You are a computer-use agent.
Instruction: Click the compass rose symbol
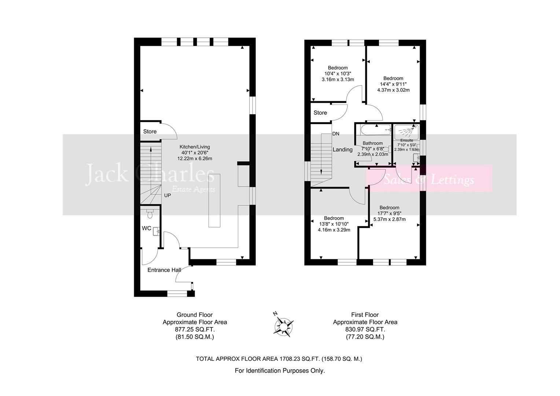tap(283, 325)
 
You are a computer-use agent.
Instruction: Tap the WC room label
tap(147, 228)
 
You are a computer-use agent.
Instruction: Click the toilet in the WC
tap(149, 212)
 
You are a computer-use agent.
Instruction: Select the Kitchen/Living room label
tap(194, 147)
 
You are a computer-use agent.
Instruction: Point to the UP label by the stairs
tap(167, 195)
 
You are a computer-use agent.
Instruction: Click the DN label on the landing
tap(336, 134)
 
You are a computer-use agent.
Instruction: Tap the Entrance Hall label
tap(164, 270)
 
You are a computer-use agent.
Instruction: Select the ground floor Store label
tap(150, 131)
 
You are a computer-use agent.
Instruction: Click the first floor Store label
tap(320, 113)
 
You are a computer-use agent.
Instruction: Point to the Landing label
tap(342, 150)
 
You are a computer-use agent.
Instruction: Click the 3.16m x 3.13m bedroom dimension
tap(338, 80)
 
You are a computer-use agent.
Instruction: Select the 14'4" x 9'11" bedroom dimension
tap(393, 84)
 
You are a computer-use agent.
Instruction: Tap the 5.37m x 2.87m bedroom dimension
tap(389, 219)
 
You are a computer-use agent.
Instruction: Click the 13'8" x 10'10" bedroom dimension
tap(334, 224)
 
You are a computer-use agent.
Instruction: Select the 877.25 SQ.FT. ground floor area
tap(195, 329)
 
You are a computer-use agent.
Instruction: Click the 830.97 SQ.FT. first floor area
tap(365, 329)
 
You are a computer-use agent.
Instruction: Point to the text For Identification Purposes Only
tap(280, 371)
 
